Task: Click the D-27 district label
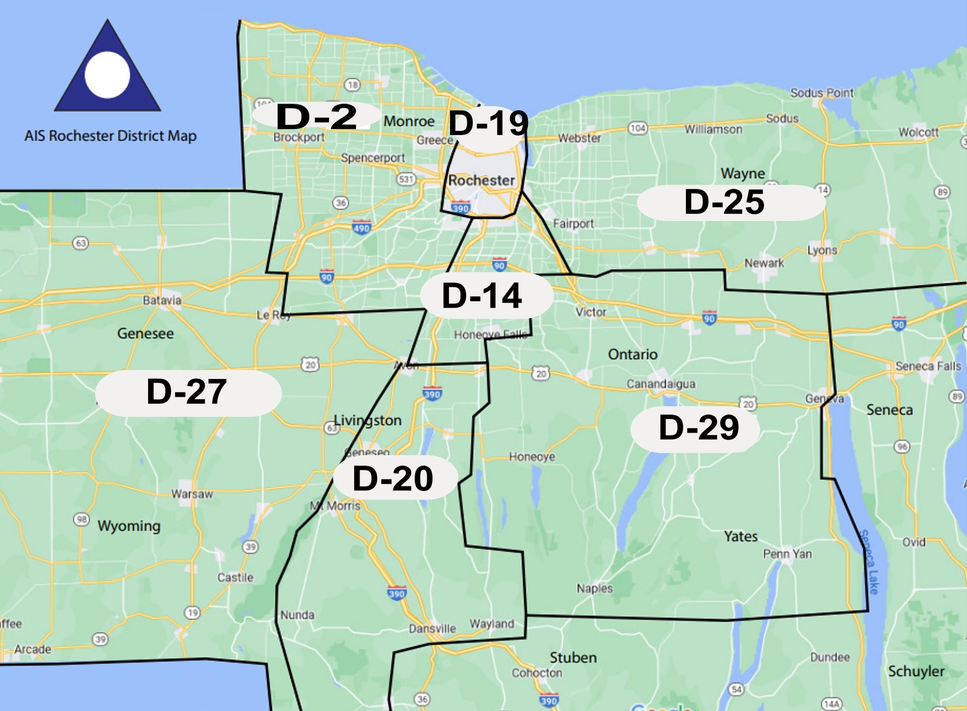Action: (x=187, y=392)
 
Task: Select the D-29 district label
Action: (x=698, y=428)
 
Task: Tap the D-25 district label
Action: (x=725, y=202)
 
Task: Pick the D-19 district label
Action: (x=488, y=124)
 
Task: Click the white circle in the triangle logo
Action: (x=107, y=75)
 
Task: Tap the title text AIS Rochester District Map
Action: (x=110, y=136)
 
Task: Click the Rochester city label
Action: (x=481, y=181)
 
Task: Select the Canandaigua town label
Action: (x=660, y=384)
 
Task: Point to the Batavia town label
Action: (x=162, y=300)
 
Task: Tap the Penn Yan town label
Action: (x=787, y=554)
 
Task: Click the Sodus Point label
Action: (x=822, y=93)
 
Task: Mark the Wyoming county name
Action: (x=129, y=526)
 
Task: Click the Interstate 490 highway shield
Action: (x=361, y=228)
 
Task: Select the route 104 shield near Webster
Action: (x=638, y=128)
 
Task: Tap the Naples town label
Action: (x=595, y=588)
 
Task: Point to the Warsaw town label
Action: (x=192, y=494)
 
